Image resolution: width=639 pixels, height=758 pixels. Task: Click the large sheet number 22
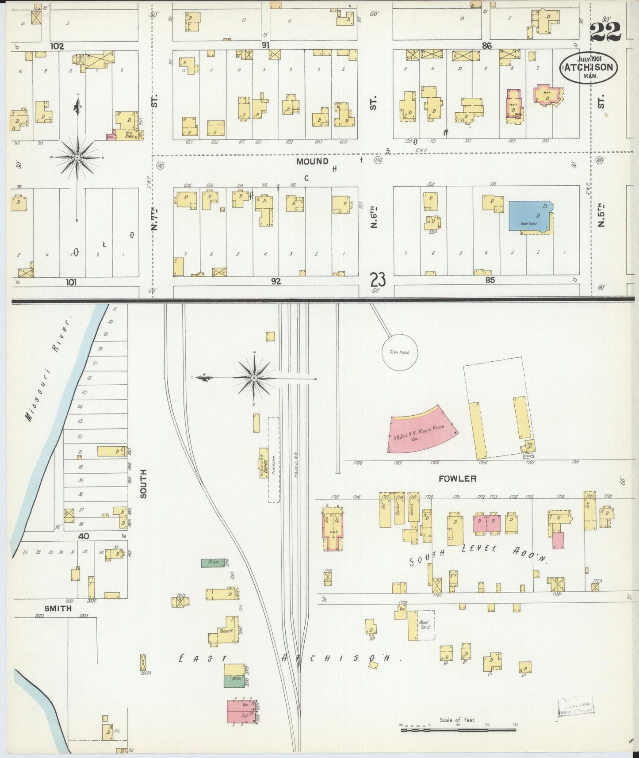(605, 32)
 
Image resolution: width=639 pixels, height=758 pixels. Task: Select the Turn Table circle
(400, 352)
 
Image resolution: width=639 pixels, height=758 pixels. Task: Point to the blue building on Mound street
(530, 215)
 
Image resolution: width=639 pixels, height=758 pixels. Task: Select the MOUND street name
(312, 161)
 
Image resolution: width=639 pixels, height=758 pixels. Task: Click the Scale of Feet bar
(458, 730)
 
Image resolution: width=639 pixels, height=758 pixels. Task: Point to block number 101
(71, 282)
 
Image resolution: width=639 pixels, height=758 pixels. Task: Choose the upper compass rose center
(77, 157)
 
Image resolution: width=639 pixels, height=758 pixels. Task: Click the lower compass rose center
(254, 379)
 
